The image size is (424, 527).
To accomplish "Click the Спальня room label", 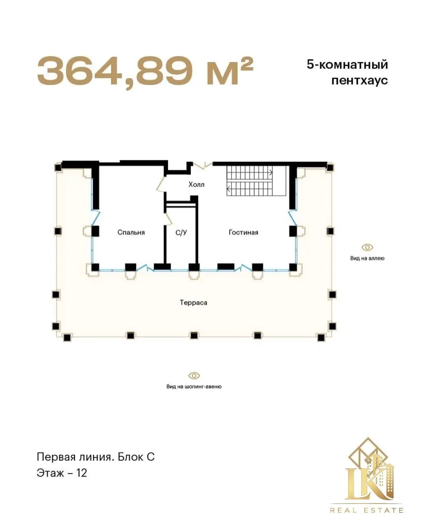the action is point(131,232).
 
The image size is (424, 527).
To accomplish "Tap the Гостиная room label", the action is point(244,232).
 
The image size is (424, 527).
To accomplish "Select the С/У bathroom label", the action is point(181,232).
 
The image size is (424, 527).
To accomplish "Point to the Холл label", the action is point(196,184).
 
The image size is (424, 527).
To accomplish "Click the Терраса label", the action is point(194,303).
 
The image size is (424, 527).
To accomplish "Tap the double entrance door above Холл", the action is point(203,165).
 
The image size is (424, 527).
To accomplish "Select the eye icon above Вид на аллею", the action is point(368,247).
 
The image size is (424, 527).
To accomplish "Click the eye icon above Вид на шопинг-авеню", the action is point(194,375).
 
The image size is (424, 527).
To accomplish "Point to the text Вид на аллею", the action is point(368,258).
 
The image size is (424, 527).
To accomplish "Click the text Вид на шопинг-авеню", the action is point(194,387).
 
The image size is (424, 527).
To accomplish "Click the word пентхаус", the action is point(360,80).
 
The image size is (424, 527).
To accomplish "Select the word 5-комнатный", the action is point(347,65).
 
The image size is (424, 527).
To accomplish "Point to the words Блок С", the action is point(136,457).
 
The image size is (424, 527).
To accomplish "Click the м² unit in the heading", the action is point(230,71).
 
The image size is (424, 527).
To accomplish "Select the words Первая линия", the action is point(75,457).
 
